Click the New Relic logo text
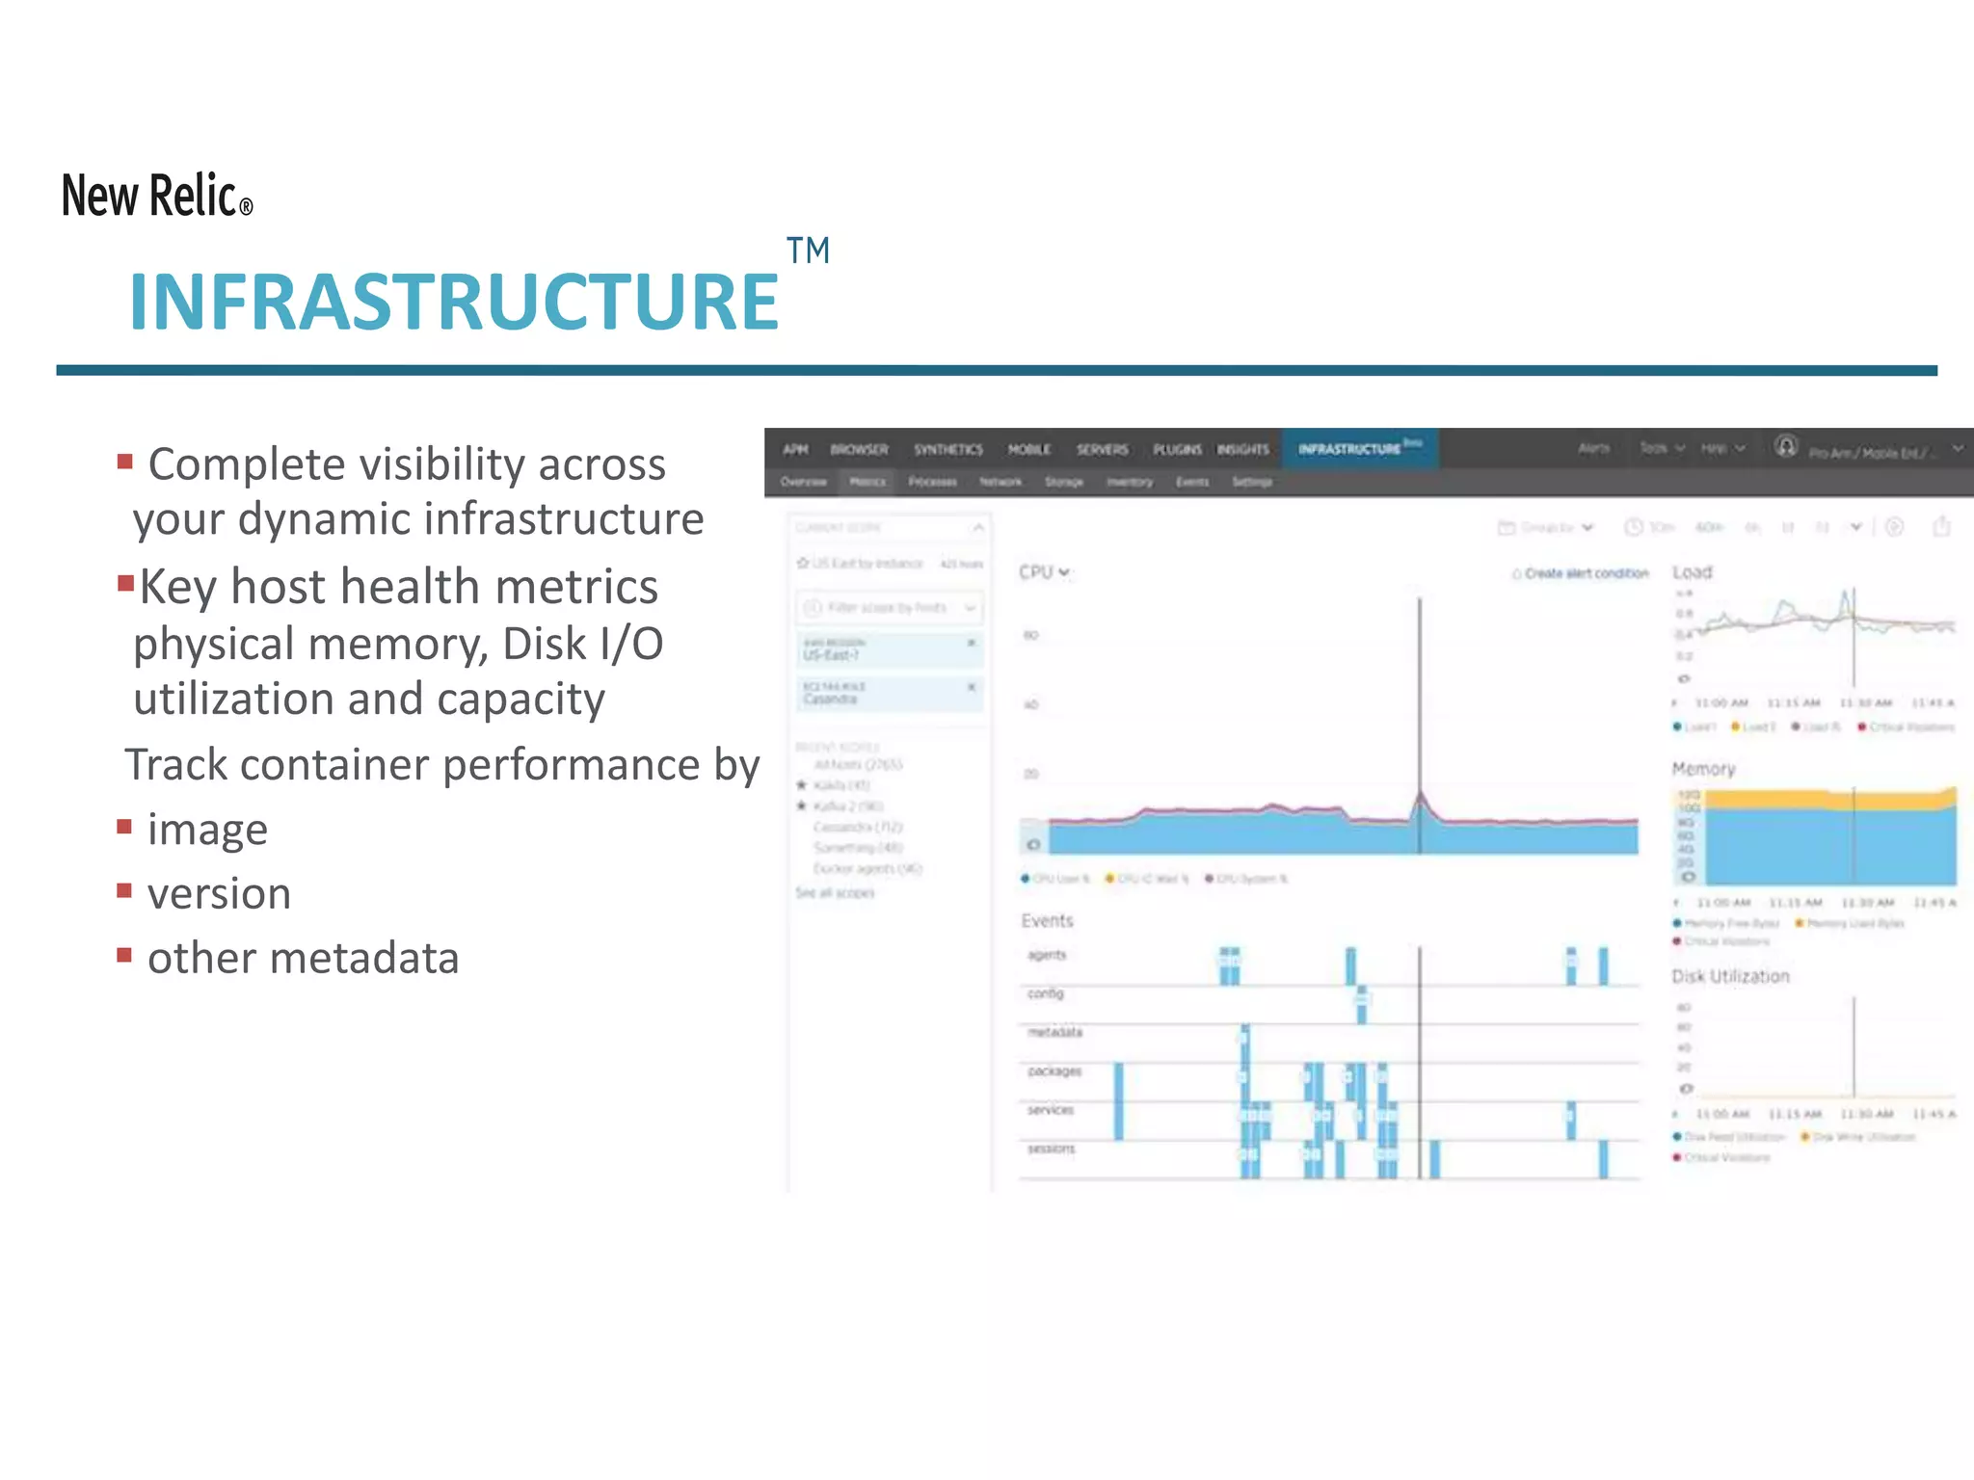[154, 196]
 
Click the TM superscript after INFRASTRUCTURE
[808, 251]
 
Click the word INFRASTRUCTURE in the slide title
[453, 303]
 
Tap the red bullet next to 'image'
[124, 827]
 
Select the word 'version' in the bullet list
[219, 893]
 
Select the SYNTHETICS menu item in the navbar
[948, 450]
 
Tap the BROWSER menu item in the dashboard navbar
[859, 450]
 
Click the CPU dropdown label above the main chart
[1044, 572]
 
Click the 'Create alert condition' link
[1585, 573]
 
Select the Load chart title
[1692, 572]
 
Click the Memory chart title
[1703, 769]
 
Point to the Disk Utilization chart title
[1730, 976]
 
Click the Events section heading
[1047, 921]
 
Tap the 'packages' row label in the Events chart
[1054, 1071]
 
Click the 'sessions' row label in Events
[1051, 1149]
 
